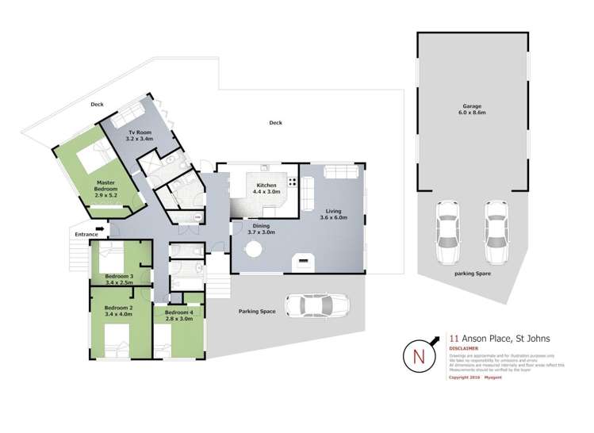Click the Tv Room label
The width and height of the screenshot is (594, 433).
click(x=140, y=134)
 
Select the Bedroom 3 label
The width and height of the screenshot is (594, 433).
click(x=119, y=277)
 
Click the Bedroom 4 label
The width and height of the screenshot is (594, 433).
click(x=178, y=312)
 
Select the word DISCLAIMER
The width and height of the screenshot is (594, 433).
click(x=463, y=347)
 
